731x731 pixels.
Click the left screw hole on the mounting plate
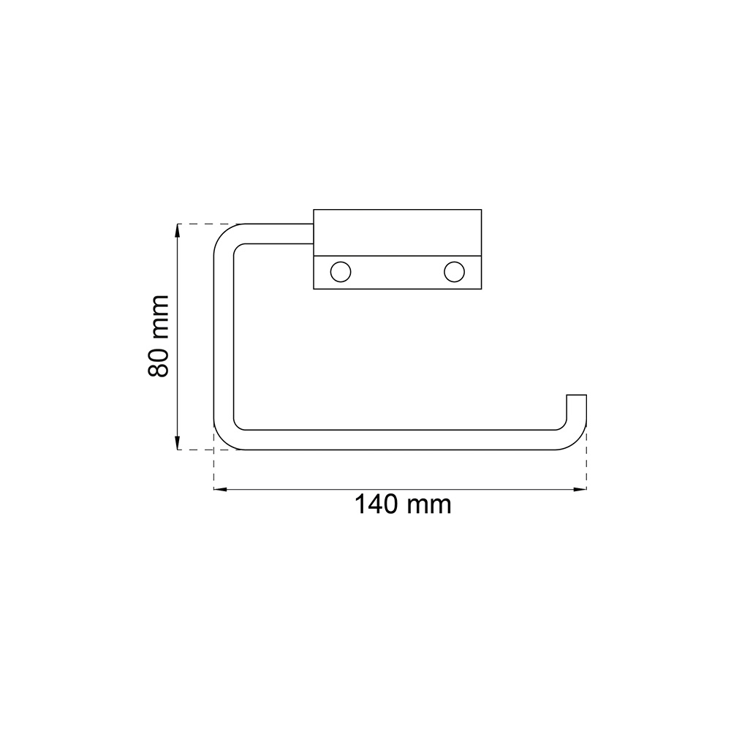(x=341, y=272)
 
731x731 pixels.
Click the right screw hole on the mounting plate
(x=454, y=272)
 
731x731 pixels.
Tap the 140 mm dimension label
(x=404, y=504)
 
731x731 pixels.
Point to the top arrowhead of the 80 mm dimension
(x=177, y=230)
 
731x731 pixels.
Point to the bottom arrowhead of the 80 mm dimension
(x=177, y=443)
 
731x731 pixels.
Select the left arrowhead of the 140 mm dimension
(x=220, y=489)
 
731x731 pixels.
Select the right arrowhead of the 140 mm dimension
(x=580, y=489)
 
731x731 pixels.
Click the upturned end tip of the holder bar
(x=577, y=395)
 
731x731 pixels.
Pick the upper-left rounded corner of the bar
(x=223, y=233)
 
